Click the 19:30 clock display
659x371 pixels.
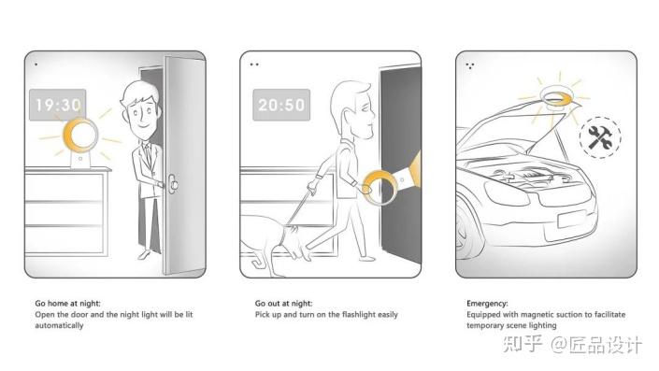tap(58, 105)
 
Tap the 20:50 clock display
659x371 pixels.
tap(281, 105)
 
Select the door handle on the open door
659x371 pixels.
tap(173, 184)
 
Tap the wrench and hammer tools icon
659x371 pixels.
tap(600, 137)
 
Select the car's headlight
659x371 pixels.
tap(506, 192)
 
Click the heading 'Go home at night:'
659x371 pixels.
tap(67, 303)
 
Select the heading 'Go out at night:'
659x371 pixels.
tap(283, 303)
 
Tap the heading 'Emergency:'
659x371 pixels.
tap(487, 304)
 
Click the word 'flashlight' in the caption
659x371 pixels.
tap(360, 314)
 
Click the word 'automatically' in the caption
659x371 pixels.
tap(59, 325)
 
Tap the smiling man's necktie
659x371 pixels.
tap(148, 154)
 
